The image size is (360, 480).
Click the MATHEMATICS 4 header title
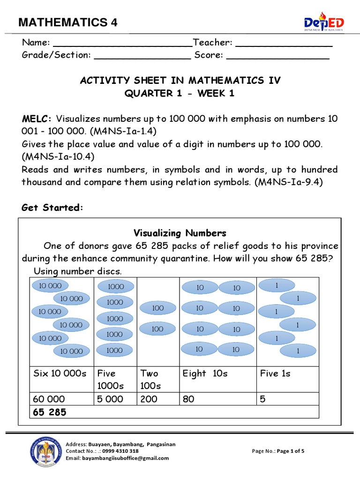pyautogui.click(x=68, y=22)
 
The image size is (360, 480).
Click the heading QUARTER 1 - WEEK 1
pyautogui.click(x=180, y=93)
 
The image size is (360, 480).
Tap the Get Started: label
pyautogui.click(x=52, y=208)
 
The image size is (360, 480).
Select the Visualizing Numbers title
pyautogui.click(x=180, y=233)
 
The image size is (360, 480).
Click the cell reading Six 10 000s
pyautogui.click(x=60, y=374)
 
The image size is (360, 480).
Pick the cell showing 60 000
pyautogui.click(x=50, y=399)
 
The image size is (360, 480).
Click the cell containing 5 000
pyautogui.click(x=110, y=399)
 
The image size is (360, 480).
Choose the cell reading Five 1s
pyautogui.click(x=276, y=374)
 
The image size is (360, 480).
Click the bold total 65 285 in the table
pyautogui.click(x=50, y=412)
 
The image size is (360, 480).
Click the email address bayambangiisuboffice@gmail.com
pyautogui.click(x=117, y=458)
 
